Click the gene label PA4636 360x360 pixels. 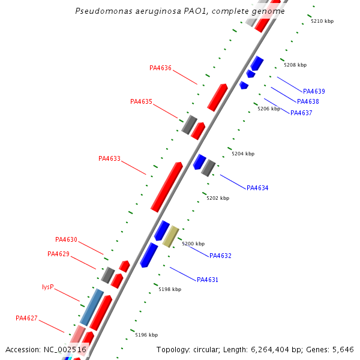pos(160,68)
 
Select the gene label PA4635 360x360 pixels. pos(141,101)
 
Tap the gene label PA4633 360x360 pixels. pos(109,159)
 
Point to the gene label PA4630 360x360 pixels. pos(66,239)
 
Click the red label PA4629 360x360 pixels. pos(58,254)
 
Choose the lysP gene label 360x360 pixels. pos(48,287)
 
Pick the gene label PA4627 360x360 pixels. pos(26,318)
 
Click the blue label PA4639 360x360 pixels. pos(314,92)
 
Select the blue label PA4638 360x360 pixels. pos(308,102)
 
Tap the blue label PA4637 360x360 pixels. pos(301,113)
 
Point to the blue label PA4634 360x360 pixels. pos(257,188)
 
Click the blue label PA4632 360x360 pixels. pos(220,256)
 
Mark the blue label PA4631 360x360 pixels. pos(208,280)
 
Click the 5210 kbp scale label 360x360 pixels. pos(322,21)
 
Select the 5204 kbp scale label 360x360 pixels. pos(243,154)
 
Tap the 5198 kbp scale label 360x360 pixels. pos(170,289)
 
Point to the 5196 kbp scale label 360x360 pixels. pos(146,335)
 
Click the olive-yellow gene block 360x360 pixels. pos(171,236)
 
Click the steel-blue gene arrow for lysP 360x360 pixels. pos(92,307)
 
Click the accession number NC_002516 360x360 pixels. pos(65,349)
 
